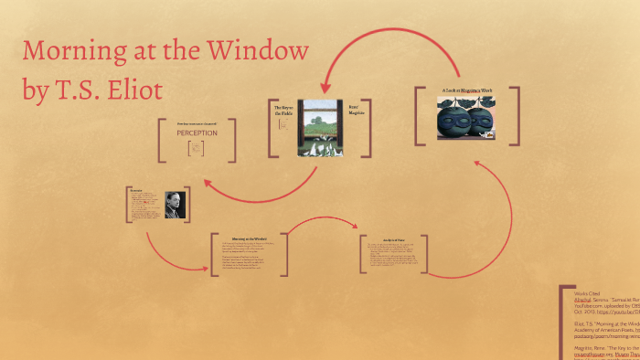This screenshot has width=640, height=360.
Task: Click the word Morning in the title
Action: coord(73,51)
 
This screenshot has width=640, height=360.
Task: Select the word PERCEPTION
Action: coord(197,132)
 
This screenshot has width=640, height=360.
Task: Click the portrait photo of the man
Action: coord(174,206)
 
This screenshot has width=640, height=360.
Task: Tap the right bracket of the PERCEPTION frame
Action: coord(233,140)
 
